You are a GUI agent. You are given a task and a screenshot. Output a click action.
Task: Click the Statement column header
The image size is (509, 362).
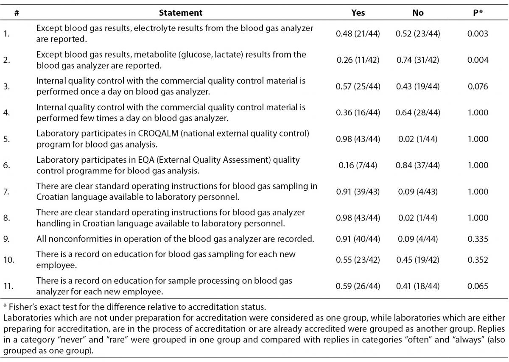click(x=181, y=13)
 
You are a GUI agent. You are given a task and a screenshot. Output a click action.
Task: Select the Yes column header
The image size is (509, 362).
click(x=358, y=13)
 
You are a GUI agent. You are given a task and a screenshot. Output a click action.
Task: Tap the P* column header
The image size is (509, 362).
click(x=478, y=13)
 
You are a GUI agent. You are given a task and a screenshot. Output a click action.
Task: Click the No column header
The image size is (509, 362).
click(x=418, y=13)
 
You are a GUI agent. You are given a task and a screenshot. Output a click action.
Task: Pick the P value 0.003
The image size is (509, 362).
click(x=478, y=33)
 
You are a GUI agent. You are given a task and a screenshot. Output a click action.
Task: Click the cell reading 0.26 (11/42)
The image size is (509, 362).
click(x=358, y=60)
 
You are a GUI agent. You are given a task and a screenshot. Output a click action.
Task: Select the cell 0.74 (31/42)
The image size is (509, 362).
click(x=418, y=60)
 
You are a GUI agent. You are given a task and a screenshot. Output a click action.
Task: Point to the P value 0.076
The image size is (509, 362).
click(x=478, y=86)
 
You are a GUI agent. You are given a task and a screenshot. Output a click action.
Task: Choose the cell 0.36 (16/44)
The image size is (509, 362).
click(x=358, y=113)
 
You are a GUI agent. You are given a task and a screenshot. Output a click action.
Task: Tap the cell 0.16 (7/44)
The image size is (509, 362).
click(x=358, y=165)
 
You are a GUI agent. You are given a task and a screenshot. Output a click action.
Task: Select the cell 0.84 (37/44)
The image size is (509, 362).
click(x=418, y=165)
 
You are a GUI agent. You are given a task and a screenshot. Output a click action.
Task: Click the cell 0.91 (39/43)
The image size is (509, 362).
click(x=358, y=192)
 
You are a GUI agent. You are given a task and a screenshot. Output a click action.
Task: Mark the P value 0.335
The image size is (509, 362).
click(x=478, y=239)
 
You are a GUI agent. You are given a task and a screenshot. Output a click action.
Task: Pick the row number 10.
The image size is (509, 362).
click(x=8, y=260)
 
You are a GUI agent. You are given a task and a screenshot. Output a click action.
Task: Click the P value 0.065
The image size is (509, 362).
click(x=478, y=286)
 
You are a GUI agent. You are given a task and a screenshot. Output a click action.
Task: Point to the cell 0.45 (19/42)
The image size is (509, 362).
click(x=418, y=260)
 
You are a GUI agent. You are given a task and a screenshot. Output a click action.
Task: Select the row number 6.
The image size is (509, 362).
click(x=7, y=165)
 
